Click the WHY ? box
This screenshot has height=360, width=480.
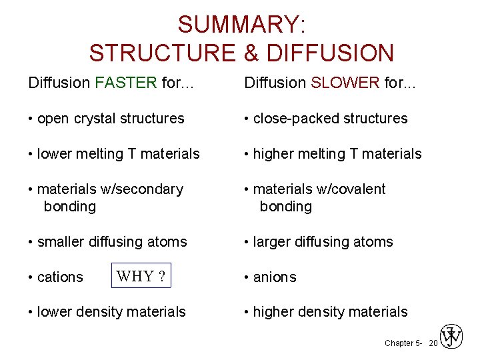[141, 276]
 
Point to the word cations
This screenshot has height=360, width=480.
[60, 277]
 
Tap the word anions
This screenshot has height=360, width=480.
[275, 277]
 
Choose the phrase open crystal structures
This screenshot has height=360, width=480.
[111, 119]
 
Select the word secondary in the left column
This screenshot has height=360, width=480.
[150, 189]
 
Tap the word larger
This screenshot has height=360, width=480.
[273, 241]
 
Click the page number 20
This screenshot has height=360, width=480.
[433, 343]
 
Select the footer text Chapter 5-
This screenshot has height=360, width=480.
[403, 343]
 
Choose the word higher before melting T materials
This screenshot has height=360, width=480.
[273, 154]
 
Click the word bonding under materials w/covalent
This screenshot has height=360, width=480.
[285, 207]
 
